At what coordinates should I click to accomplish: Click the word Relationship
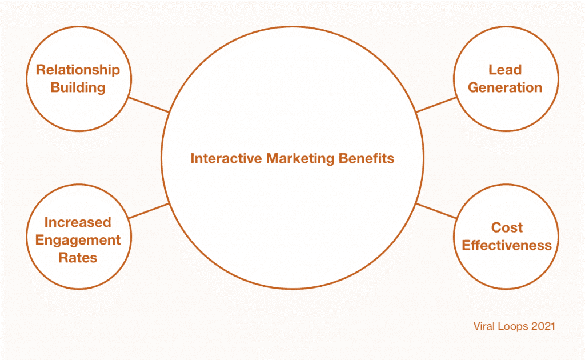point(78,70)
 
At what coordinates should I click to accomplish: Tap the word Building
point(78,87)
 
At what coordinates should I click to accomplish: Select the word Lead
point(505,70)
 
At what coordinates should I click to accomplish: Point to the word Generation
point(505,87)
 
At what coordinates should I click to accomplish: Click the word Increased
point(78,222)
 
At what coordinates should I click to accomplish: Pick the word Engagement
point(78,240)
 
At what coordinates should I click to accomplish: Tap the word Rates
point(78,258)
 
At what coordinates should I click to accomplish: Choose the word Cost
point(507,227)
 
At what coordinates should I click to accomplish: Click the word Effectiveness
point(507,246)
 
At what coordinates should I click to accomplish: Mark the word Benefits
point(366,158)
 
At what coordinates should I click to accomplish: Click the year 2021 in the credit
point(543,326)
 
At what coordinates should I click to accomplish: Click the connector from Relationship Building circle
point(149,105)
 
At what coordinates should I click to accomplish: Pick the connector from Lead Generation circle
point(436,105)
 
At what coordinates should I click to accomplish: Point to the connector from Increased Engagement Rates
point(149,211)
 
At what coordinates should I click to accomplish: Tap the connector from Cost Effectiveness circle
point(436,211)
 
